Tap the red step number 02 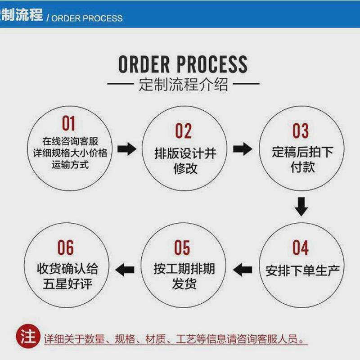183,131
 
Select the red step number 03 301,131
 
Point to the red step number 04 301,248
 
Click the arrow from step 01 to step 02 126,149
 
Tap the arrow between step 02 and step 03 243,149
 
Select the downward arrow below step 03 301,207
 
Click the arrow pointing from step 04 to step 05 243,270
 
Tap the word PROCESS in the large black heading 214,64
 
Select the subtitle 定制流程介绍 183,85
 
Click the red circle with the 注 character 28,336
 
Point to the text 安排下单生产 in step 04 302,271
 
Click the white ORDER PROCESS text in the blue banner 87,18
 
